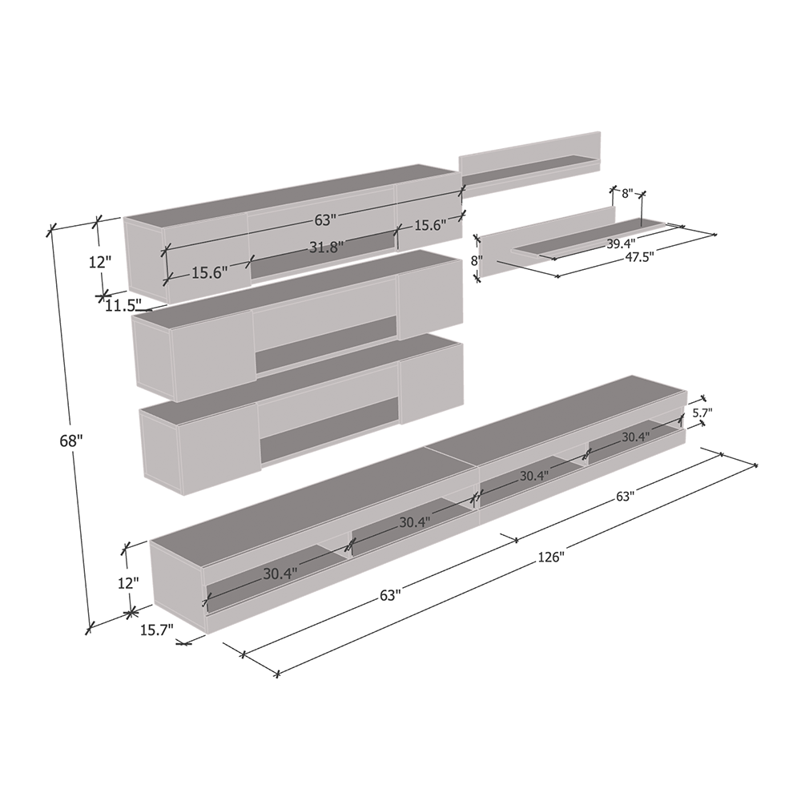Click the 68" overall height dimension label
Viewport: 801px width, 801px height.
pyautogui.click(x=71, y=441)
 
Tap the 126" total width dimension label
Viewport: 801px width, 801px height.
pyautogui.click(x=551, y=557)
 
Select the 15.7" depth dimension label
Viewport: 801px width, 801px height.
pyautogui.click(x=157, y=630)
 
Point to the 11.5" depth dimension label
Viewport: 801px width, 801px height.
pyautogui.click(x=123, y=305)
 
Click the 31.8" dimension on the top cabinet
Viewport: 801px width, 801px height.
pyautogui.click(x=327, y=247)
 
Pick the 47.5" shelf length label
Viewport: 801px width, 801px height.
pyautogui.click(x=639, y=257)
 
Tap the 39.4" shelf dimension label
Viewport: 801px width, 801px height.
pyautogui.click(x=622, y=243)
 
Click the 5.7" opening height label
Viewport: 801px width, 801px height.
pyautogui.click(x=702, y=412)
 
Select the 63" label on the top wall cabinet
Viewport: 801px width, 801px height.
pyautogui.click(x=325, y=219)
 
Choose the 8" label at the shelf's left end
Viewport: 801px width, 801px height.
pyautogui.click(x=477, y=260)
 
